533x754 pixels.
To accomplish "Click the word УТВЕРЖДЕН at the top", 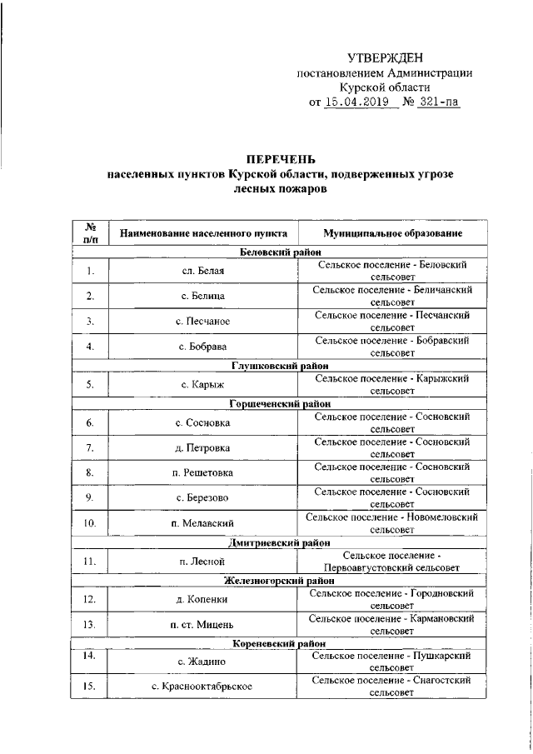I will (x=385, y=57).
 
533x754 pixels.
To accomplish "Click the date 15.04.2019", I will (x=359, y=103).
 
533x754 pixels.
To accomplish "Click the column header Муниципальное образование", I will (x=392, y=232).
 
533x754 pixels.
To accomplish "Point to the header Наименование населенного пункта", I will (x=204, y=232).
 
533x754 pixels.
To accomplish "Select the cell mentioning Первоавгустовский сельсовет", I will (x=392, y=562).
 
